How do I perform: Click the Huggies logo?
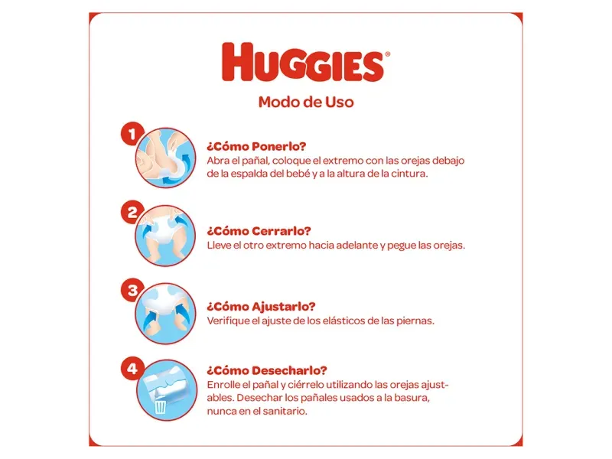pyautogui.click(x=303, y=62)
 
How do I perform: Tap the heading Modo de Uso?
pyautogui.click(x=306, y=103)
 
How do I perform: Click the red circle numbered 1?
pyautogui.click(x=132, y=134)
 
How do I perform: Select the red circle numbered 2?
pyautogui.click(x=132, y=213)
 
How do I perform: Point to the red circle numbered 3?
pyautogui.click(x=132, y=290)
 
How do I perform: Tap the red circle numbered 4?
pyautogui.click(x=132, y=368)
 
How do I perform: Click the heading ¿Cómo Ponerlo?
pyautogui.click(x=256, y=146)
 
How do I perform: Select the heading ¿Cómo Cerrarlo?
pyautogui.click(x=259, y=231)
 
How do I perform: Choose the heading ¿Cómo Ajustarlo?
pyautogui.click(x=261, y=307)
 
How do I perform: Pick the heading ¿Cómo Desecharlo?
pyautogui.click(x=267, y=370)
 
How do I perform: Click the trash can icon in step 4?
pyautogui.click(x=161, y=406)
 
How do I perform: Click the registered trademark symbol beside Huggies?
pyautogui.click(x=387, y=54)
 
